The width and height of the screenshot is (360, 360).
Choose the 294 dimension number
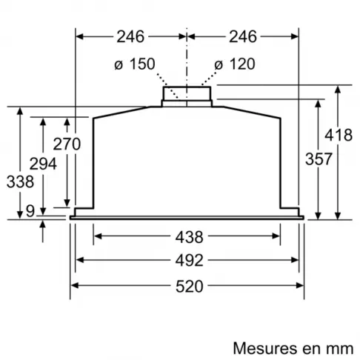pos(43,164)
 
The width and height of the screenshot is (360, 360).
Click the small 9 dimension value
pos(29,211)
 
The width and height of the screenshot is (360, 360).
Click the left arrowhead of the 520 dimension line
pos(74,287)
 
